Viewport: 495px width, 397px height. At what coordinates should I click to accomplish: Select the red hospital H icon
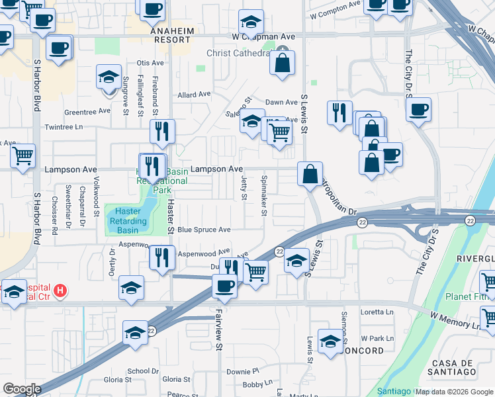[x=60, y=290]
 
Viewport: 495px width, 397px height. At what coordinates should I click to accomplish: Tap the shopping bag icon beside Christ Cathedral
[x=282, y=64]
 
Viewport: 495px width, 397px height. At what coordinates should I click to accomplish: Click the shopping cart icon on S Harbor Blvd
[x=23, y=157]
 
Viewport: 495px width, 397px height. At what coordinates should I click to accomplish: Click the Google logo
[x=22, y=389]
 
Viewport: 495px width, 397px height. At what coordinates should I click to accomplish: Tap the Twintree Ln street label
[x=63, y=126]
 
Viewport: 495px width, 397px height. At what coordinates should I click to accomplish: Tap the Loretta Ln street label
[x=377, y=312]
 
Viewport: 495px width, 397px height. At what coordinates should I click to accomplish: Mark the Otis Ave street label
[x=150, y=63]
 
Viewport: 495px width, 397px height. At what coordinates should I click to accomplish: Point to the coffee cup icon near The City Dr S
[x=418, y=109]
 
